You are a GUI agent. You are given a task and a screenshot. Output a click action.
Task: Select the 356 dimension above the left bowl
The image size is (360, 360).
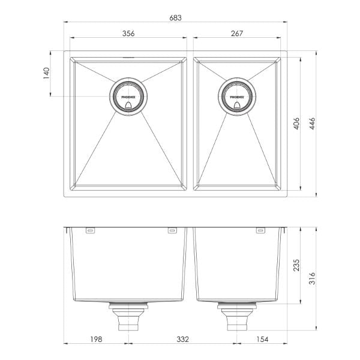point(128,33)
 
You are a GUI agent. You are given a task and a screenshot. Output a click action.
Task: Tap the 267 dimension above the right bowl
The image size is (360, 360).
point(236,33)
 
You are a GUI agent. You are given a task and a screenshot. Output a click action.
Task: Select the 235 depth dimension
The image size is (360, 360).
point(295,265)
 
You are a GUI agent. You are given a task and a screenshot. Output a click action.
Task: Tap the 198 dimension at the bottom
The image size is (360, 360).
point(94,340)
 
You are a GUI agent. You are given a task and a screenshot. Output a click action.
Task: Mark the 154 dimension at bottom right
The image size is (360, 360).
point(262,340)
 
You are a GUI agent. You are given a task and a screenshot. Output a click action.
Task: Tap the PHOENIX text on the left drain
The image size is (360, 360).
point(127,95)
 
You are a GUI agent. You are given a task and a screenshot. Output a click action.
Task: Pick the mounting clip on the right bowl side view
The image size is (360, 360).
point(260,230)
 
